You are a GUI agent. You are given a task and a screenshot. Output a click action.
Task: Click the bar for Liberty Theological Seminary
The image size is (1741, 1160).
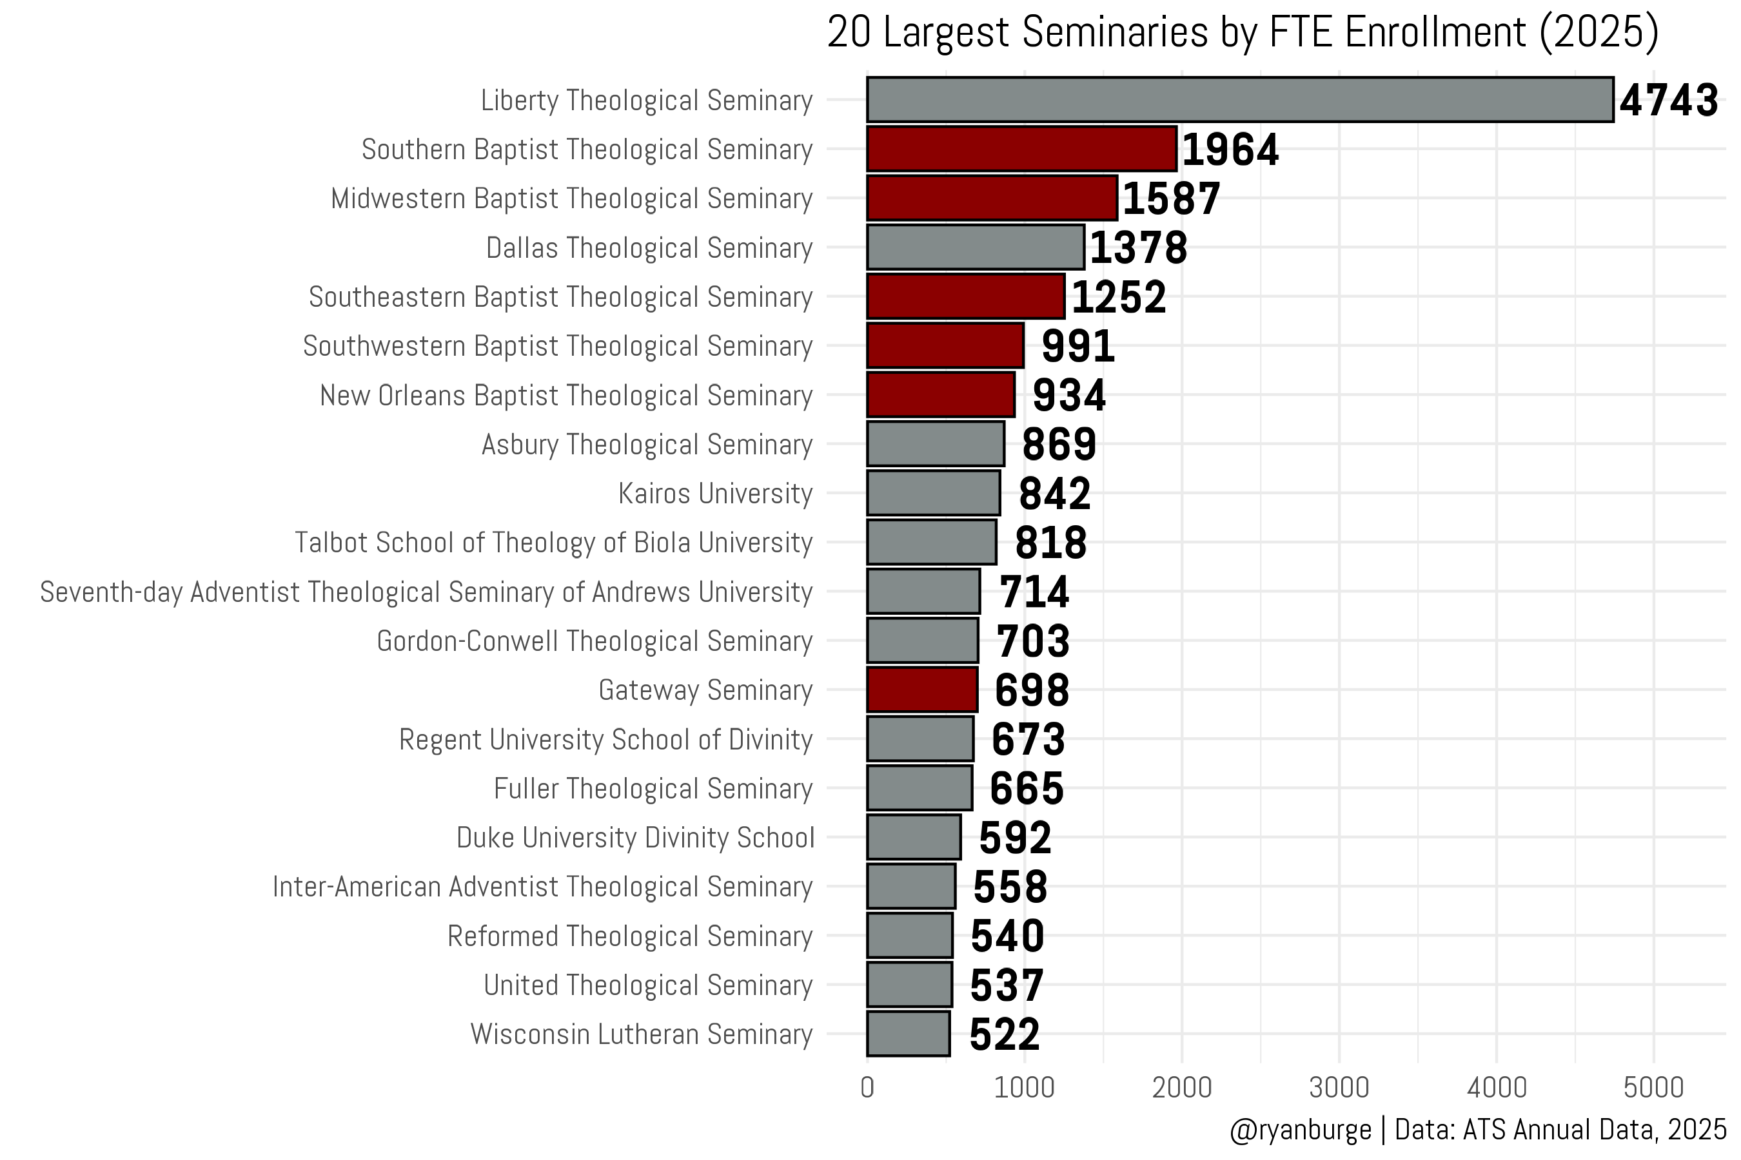click(1240, 99)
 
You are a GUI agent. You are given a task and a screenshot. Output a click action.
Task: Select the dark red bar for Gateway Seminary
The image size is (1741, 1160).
click(922, 690)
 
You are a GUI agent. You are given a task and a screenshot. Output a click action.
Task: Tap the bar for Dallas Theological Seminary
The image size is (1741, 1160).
click(976, 247)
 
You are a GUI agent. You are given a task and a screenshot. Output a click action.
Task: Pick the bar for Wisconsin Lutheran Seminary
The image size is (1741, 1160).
click(909, 1034)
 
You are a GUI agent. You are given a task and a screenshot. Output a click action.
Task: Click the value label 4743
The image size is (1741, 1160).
click(1669, 101)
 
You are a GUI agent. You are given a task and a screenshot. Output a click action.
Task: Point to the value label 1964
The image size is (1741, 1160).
click(1230, 150)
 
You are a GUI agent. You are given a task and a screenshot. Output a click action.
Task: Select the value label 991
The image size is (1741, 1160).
click(1077, 346)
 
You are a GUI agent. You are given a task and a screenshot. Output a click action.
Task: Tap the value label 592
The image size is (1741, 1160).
click(1016, 838)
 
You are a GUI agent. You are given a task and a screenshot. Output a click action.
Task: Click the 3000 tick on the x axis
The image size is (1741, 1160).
click(1339, 1088)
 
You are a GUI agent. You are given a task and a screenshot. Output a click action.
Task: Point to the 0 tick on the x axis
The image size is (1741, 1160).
click(867, 1088)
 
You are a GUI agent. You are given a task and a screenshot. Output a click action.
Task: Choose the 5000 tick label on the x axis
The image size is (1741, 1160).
click(1654, 1088)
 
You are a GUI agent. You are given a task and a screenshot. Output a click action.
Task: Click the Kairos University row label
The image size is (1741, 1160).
click(716, 494)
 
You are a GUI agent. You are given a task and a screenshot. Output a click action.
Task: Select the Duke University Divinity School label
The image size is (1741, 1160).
click(635, 837)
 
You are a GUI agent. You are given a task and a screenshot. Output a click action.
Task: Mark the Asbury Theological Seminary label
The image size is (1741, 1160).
click(647, 445)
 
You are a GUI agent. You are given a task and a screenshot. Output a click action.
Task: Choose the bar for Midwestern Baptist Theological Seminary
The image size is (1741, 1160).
click(992, 198)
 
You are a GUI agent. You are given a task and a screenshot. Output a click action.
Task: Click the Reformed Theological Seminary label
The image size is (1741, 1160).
click(631, 936)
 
